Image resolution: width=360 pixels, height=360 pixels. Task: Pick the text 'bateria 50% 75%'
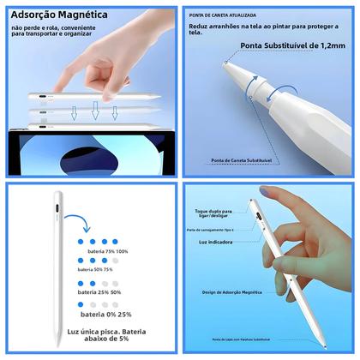coord(95,269)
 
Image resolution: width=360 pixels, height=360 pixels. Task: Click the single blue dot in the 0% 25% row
coord(81,303)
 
